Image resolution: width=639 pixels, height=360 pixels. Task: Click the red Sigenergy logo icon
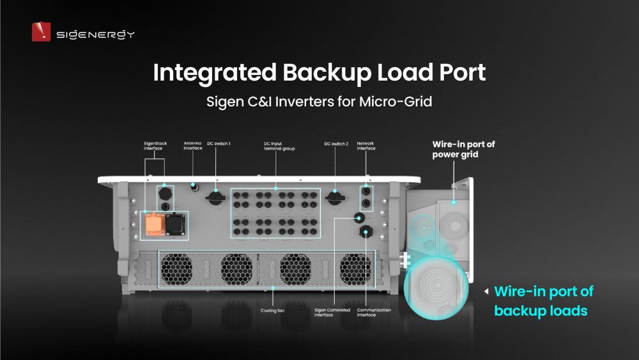pyautogui.click(x=41, y=32)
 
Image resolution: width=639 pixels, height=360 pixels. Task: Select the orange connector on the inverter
pyautogui.click(x=153, y=224)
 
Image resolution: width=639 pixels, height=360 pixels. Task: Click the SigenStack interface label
pyautogui.click(x=154, y=146)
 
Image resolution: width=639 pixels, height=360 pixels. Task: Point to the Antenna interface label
pyautogui.click(x=194, y=146)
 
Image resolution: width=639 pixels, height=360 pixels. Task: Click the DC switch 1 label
pyautogui.click(x=220, y=143)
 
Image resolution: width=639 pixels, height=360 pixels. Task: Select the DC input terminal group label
pyautogui.click(x=275, y=146)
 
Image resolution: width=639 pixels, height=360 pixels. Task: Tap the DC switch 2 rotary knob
pyautogui.click(x=334, y=197)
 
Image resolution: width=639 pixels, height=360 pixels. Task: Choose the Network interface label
pyautogui.click(x=366, y=146)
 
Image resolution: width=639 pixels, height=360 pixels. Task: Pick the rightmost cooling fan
pyautogui.click(x=355, y=267)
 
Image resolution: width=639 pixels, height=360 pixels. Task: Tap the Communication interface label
pyautogui.click(x=375, y=312)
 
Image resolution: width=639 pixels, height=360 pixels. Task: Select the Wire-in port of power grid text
pyautogui.click(x=463, y=149)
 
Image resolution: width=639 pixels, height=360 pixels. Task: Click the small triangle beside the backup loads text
pyautogui.click(x=487, y=292)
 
